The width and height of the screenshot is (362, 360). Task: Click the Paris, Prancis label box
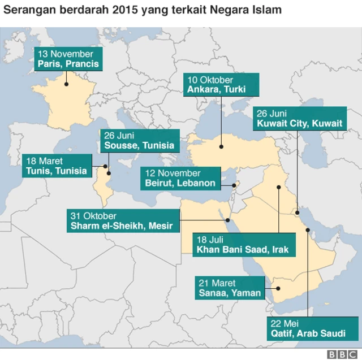pyautogui.click(x=68, y=59)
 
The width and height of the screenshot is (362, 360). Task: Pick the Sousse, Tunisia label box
pyautogui.click(x=139, y=141)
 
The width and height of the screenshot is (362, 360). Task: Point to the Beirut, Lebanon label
pyautogui.click(x=180, y=178)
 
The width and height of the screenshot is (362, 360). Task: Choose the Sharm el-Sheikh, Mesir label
pyautogui.click(x=124, y=221)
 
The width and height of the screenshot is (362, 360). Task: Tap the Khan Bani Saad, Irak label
pyautogui.click(x=243, y=244)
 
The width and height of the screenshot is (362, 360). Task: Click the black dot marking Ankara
pyautogui.click(x=221, y=146)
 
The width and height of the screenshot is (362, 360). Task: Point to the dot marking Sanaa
pyautogui.click(x=278, y=288)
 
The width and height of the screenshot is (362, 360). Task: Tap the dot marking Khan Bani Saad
pyautogui.click(x=278, y=187)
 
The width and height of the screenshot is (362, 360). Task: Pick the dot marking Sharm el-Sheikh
pyautogui.click(x=227, y=221)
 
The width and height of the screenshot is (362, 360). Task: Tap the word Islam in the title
pyautogui.click(x=268, y=10)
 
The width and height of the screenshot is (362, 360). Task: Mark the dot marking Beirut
pyautogui.click(x=234, y=185)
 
